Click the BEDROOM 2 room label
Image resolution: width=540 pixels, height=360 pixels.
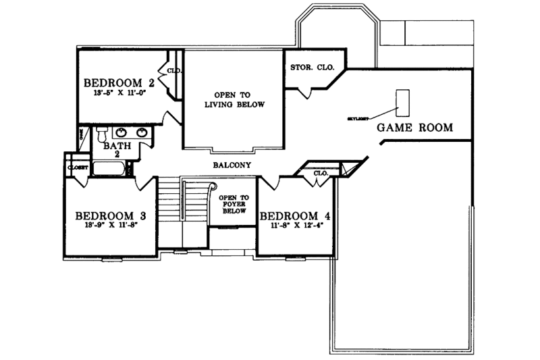[x=120, y=84]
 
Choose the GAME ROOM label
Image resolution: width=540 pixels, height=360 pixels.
[x=414, y=128]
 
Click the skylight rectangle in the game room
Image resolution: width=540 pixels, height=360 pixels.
[x=404, y=102]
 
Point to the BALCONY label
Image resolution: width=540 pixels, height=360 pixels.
[x=232, y=165]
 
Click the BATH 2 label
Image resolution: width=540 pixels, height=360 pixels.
[x=112, y=149]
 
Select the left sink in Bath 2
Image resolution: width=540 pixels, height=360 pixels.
[x=122, y=132]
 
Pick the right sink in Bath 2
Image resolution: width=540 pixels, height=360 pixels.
[x=142, y=132]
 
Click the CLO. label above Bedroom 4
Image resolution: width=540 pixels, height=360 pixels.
[x=321, y=174]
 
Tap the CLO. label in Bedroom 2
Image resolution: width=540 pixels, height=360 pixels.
[x=173, y=70]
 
